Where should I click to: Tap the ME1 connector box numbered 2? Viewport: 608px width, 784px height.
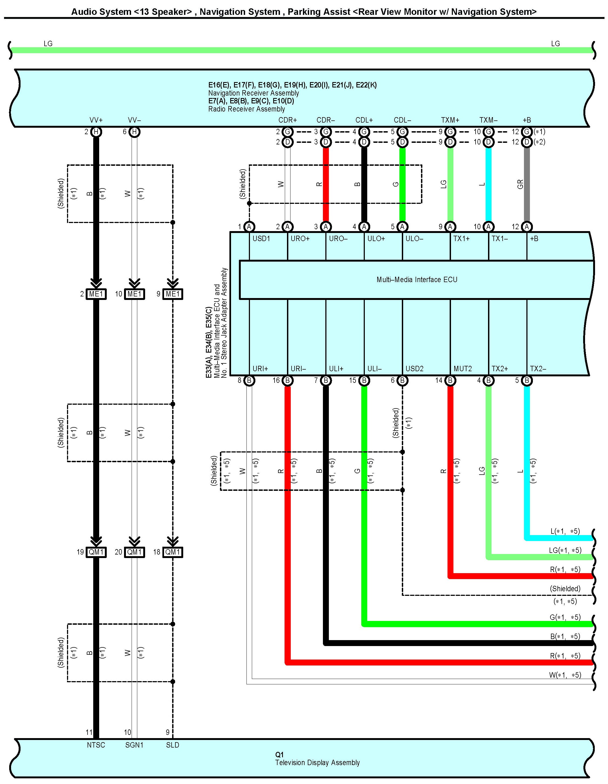(x=96, y=294)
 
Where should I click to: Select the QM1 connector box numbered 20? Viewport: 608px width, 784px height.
(x=134, y=552)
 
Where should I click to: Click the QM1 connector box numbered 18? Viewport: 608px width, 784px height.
(x=173, y=552)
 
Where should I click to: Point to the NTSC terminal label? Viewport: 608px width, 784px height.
(x=96, y=745)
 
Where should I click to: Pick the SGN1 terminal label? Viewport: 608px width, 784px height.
(x=134, y=745)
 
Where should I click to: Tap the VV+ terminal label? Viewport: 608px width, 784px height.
(x=96, y=120)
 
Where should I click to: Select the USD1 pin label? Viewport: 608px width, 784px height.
(x=261, y=239)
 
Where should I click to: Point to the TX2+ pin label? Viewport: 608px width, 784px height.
(x=500, y=369)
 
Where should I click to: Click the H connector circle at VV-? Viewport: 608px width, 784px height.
(x=134, y=132)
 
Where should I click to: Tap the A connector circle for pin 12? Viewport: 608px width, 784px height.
(x=527, y=227)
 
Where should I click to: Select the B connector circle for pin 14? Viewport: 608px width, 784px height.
(x=450, y=380)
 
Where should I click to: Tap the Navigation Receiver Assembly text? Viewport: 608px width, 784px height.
(x=253, y=93)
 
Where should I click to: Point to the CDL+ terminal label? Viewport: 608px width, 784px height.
(x=364, y=120)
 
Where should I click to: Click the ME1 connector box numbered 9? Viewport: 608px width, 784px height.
(x=173, y=294)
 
